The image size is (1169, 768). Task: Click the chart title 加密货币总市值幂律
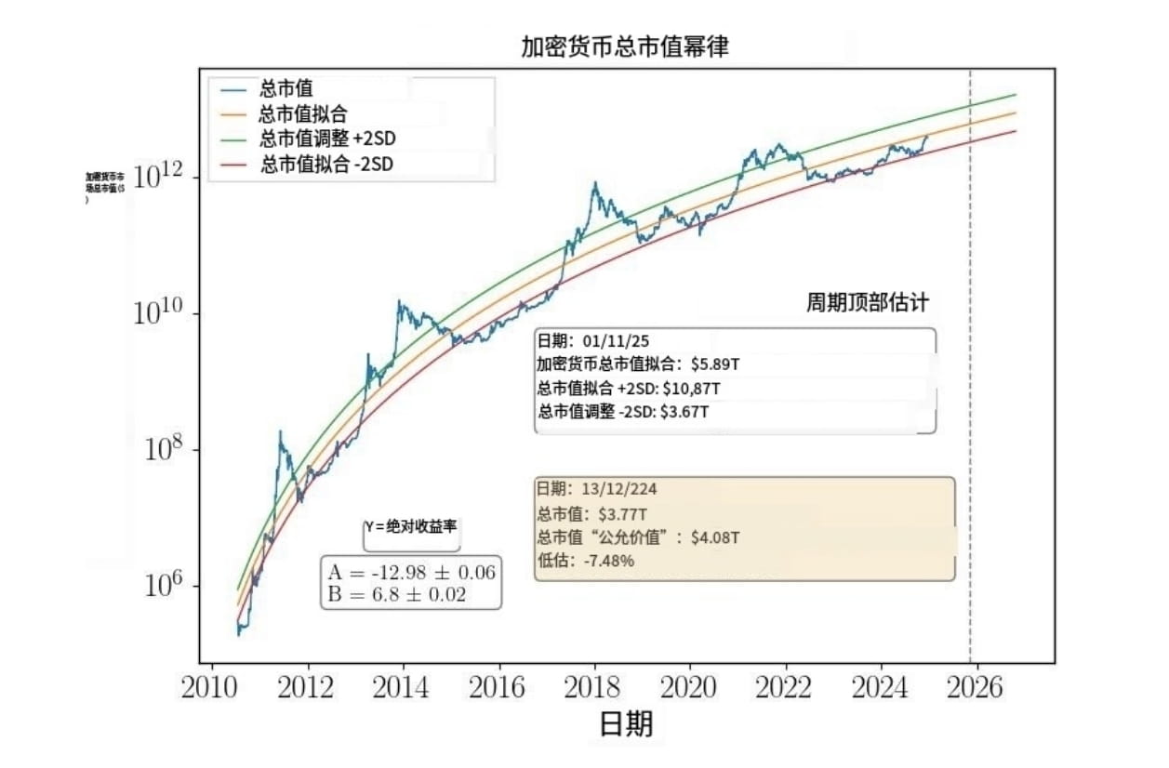point(624,47)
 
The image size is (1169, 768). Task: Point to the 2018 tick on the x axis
point(593,689)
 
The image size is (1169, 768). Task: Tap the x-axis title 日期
point(625,724)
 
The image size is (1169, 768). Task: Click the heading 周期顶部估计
point(867,304)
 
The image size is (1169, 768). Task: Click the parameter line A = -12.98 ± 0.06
point(412,572)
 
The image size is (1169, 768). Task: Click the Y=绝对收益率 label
point(410,526)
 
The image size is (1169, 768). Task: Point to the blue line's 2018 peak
point(593,183)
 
